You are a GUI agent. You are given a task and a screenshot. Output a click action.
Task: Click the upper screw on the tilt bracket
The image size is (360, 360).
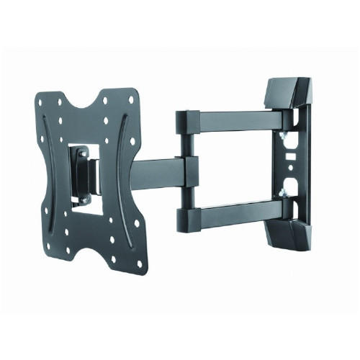[x=82, y=153]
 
